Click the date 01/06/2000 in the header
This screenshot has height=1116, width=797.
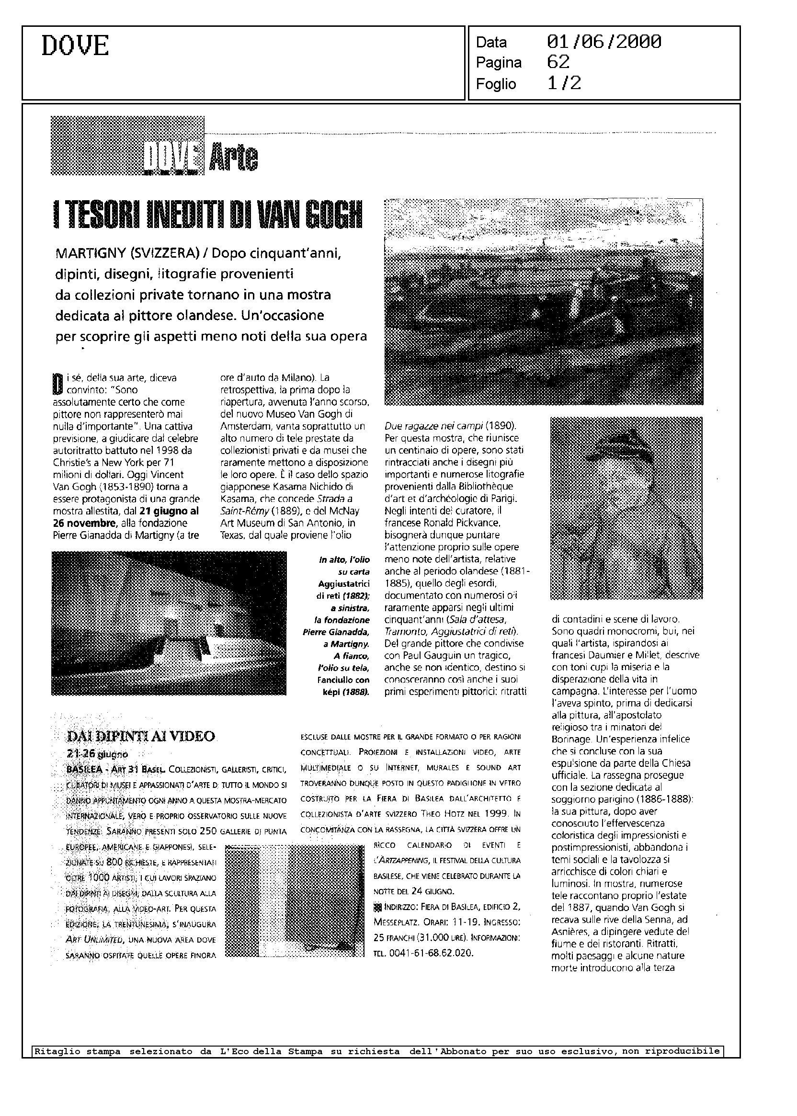[x=603, y=42]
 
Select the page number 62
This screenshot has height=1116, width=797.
[x=558, y=62]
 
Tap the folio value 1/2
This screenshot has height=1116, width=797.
[x=564, y=83]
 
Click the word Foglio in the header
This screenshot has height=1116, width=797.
[x=496, y=84]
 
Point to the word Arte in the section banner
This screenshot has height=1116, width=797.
[x=233, y=158]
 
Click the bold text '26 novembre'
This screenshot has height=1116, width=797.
[x=80, y=523]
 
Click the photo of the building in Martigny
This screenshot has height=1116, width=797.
[x=169, y=623]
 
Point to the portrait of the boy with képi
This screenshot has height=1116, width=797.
[x=626, y=508]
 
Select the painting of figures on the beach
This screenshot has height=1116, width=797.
[x=543, y=301]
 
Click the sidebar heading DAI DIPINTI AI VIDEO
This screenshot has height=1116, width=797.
[x=141, y=736]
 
